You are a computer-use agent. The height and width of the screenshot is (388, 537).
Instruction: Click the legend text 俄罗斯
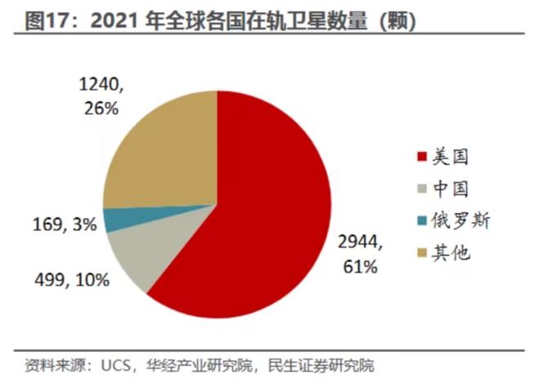click(464, 221)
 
